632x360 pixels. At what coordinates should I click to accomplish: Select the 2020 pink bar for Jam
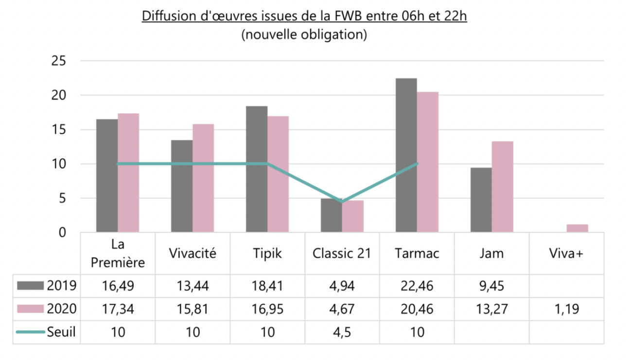(502, 187)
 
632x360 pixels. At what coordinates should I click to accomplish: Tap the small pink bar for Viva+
(577, 228)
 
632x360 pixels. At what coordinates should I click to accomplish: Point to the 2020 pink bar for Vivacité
(203, 178)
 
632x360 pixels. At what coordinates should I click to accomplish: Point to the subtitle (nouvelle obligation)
(304, 35)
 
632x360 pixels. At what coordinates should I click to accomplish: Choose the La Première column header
(118, 253)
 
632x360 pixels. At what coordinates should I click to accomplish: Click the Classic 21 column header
(342, 253)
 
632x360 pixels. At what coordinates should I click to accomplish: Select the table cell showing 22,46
(417, 286)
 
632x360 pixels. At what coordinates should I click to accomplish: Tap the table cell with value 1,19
(566, 309)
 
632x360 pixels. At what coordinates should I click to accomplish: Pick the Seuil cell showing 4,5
(342, 332)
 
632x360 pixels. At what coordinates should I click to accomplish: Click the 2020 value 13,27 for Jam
(492, 309)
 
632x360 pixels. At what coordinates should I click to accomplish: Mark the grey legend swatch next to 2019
(31, 286)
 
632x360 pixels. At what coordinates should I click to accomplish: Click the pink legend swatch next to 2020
(31, 309)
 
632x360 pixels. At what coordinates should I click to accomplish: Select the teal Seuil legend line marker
(31, 332)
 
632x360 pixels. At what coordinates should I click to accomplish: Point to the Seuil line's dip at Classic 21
(342, 201)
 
